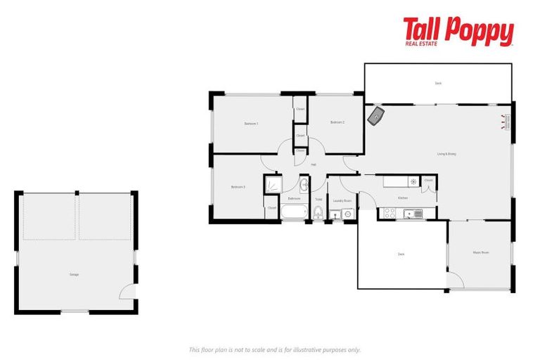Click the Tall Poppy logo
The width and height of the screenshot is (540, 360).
point(458,32)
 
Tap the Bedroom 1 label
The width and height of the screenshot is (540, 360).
point(251,124)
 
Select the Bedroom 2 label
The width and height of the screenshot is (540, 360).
point(337,123)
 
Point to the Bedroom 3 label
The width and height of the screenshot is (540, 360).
point(238,187)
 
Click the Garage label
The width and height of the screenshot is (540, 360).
point(74,274)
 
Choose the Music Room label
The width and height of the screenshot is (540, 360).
point(480,252)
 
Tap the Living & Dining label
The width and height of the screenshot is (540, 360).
point(446,154)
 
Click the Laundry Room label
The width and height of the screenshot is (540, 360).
point(342,201)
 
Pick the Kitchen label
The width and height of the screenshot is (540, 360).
point(403,198)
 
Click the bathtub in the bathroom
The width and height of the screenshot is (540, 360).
point(294,212)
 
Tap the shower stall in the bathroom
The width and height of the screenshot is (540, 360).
point(273,184)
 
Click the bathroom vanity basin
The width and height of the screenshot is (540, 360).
point(304,186)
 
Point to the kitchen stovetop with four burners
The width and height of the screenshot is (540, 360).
point(387,213)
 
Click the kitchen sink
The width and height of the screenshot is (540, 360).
point(413,213)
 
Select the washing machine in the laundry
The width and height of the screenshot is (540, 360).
point(347,214)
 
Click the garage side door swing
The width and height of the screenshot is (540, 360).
point(127,293)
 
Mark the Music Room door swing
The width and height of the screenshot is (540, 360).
point(454,281)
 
